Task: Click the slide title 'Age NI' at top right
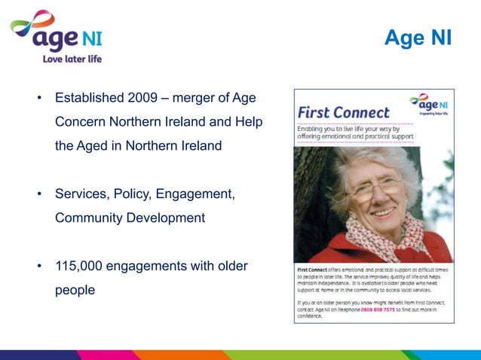click(418, 37)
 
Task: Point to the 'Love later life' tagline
click(72, 59)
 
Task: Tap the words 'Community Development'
click(130, 218)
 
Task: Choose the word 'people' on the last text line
click(75, 290)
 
